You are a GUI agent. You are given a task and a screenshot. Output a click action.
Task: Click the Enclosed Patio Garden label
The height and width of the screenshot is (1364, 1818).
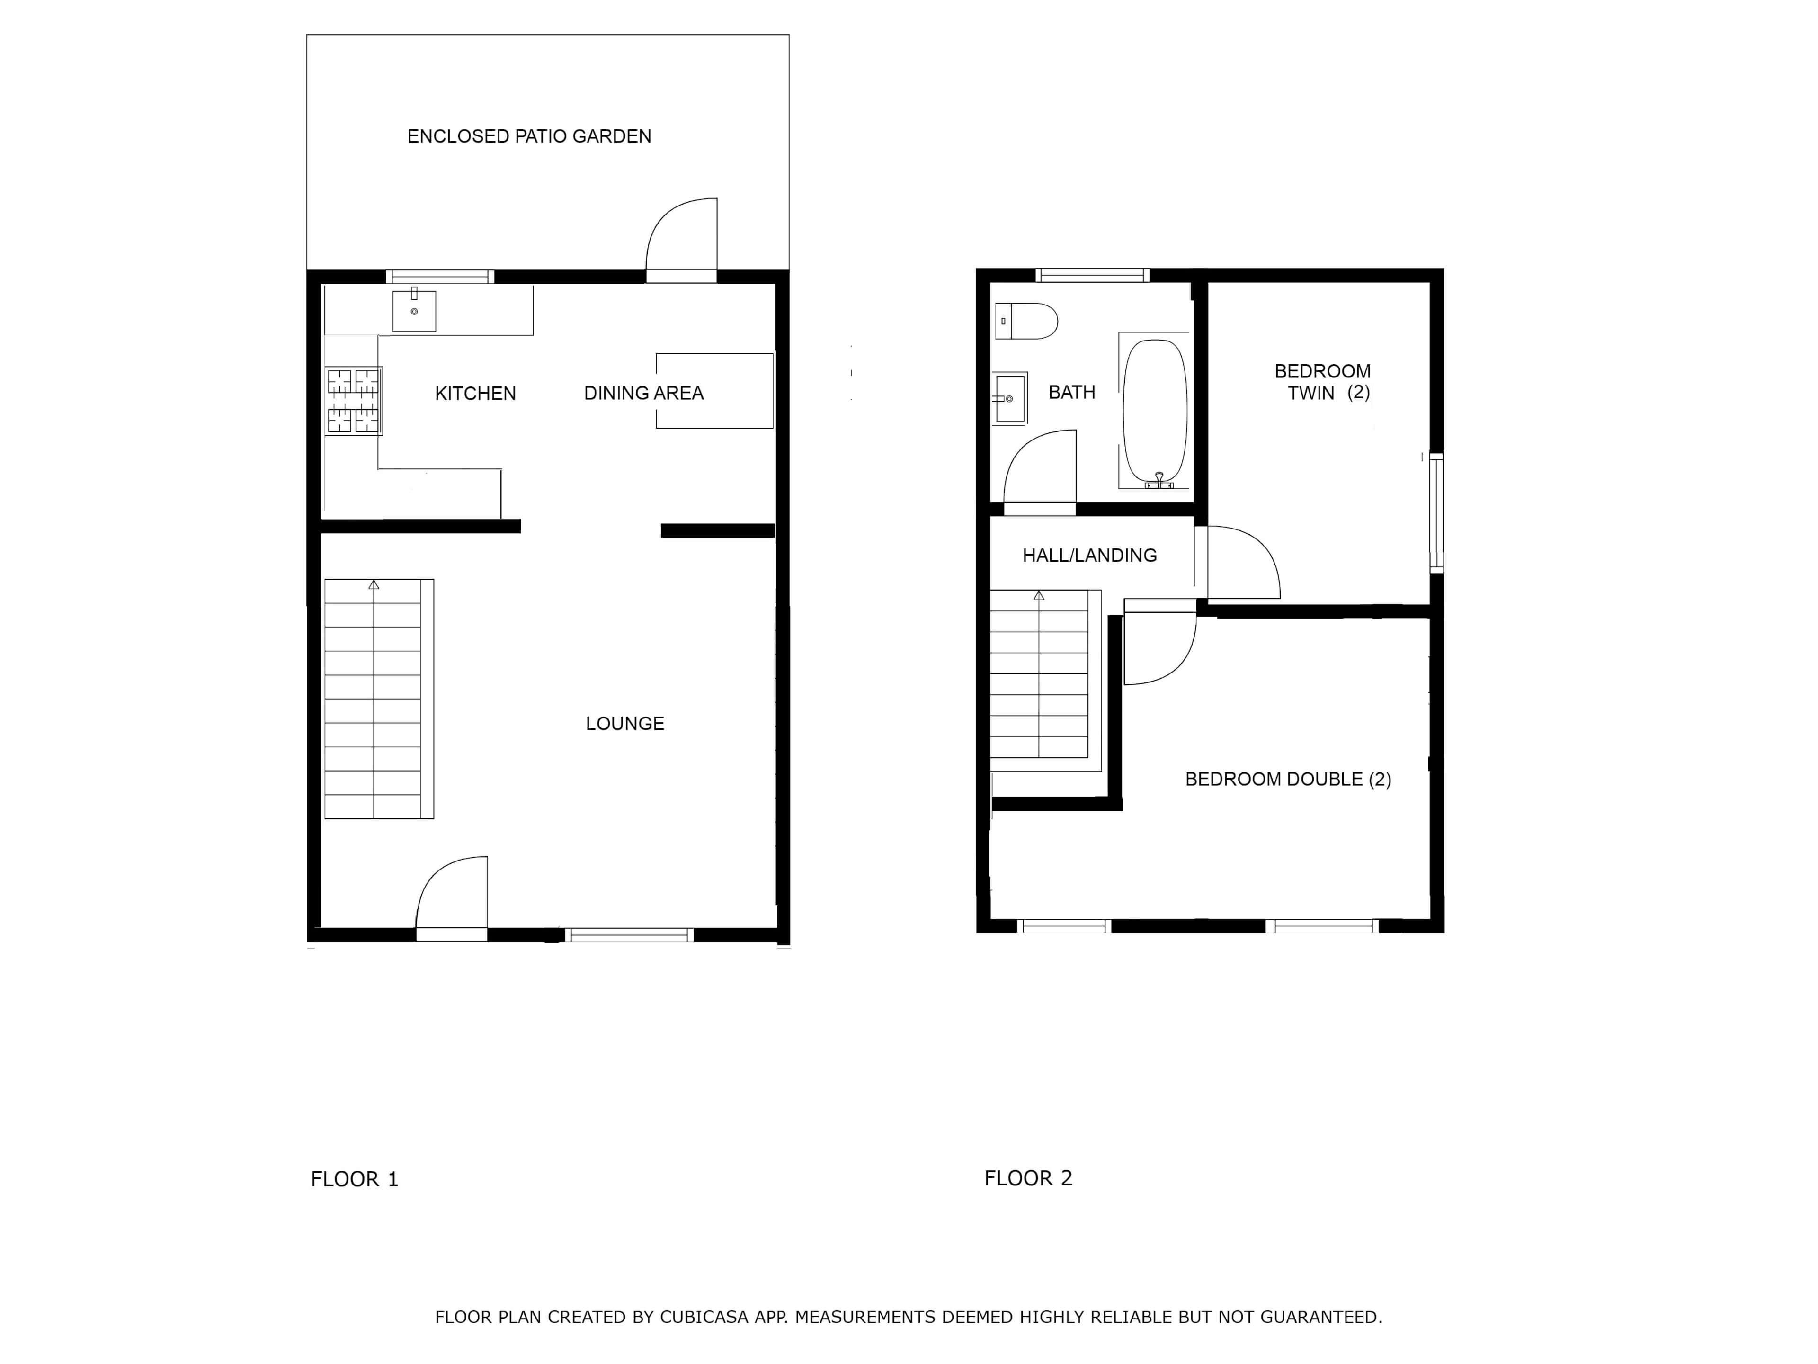529,136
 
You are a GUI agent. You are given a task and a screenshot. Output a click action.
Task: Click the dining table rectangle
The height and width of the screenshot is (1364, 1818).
714,391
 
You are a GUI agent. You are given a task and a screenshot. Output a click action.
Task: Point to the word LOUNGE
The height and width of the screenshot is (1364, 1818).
624,724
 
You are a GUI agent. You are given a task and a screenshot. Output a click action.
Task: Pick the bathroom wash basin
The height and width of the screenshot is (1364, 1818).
1010,399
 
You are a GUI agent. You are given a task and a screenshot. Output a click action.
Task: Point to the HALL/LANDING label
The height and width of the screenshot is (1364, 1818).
1090,556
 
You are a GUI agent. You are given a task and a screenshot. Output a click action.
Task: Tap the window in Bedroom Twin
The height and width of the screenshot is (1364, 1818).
1437,512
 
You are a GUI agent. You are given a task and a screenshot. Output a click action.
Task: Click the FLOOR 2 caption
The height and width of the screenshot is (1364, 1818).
1028,1178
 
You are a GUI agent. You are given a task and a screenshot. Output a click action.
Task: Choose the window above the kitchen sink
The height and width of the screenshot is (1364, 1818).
440,276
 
